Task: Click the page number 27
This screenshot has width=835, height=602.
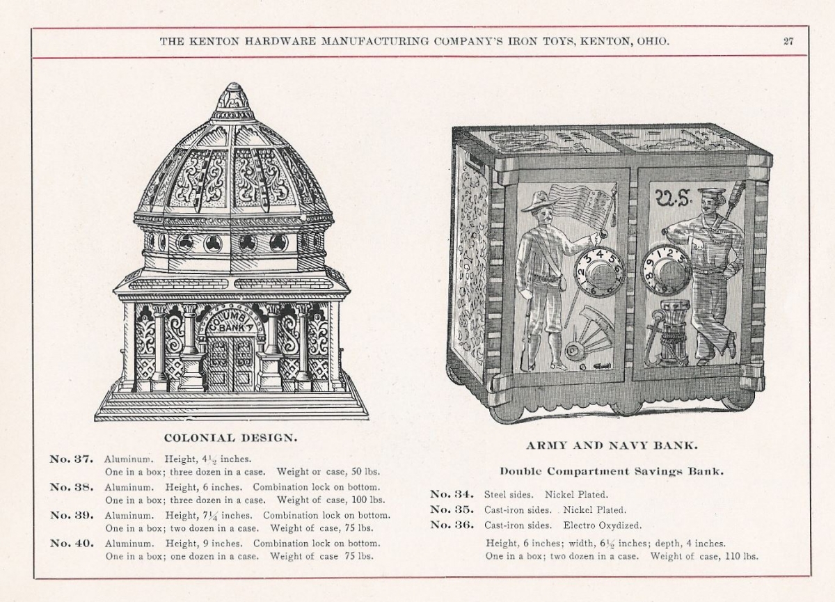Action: [788, 41]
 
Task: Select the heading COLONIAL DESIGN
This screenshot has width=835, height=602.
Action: [231, 438]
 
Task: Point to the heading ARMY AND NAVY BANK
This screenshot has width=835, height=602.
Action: [612, 445]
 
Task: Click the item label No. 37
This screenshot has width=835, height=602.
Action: [71, 459]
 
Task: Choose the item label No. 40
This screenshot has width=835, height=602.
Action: [72, 543]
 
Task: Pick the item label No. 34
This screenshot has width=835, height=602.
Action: [452, 494]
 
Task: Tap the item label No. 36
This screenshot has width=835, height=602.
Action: [452, 525]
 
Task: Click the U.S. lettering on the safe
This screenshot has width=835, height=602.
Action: [674, 200]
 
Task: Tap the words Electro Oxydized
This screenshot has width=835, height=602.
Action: [603, 525]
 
